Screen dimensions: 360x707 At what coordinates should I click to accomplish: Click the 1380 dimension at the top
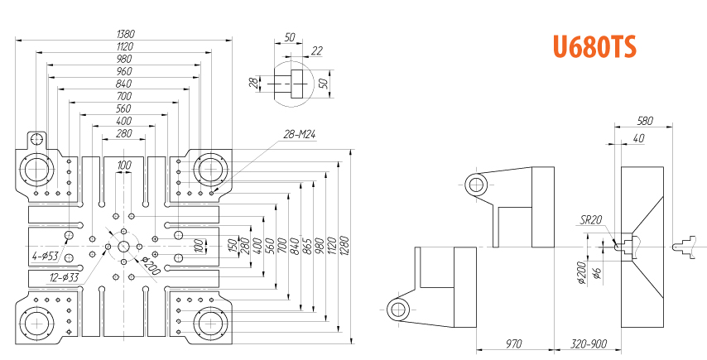click(x=126, y=34)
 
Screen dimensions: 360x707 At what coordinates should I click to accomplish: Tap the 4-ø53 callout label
click(x=45, y=256)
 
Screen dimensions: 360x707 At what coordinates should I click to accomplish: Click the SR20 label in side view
click(x=590, y=219)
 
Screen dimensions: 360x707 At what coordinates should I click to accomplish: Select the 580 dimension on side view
click(x=644, y=120)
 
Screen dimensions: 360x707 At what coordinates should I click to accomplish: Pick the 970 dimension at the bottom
click(x=515, y=343)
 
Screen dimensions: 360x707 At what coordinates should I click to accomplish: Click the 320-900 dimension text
click(x=589, y=343)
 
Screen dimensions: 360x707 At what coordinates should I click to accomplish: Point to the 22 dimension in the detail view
click(x=317, y=51)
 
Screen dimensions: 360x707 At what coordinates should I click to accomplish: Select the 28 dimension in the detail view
click(x=254, y=82)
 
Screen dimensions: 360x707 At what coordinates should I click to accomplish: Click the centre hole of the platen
click(x=124, y=247)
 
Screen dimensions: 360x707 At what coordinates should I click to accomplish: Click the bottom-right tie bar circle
click(x=210, y=322)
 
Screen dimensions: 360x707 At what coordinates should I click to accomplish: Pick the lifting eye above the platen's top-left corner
click(x=36, y=139)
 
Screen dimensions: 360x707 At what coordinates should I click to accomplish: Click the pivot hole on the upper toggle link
click(x=476, y=185)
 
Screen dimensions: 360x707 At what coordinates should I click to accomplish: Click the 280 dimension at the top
click(x=124, y=133)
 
